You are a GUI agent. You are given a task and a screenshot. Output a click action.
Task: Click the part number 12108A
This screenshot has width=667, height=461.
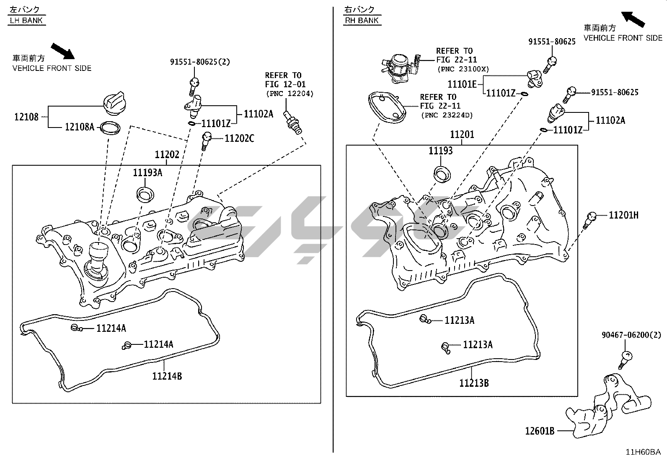[79, 126]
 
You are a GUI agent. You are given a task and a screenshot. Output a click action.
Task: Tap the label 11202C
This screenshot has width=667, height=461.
[239, 138]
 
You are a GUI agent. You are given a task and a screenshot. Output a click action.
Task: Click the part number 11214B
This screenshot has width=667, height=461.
[167, 376]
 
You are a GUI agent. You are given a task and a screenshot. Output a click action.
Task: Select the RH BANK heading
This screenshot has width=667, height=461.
[362, 20]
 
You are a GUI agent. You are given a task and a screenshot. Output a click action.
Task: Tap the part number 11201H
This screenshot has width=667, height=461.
[623, 215]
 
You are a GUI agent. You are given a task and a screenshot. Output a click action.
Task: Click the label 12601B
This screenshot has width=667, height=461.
[540, 430]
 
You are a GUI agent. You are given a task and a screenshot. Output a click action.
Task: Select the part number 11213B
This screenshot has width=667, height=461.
[474, 383]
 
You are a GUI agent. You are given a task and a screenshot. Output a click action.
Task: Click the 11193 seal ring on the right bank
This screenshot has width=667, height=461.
[441, 174]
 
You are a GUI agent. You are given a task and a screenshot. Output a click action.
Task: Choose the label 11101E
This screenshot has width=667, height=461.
[462, 84]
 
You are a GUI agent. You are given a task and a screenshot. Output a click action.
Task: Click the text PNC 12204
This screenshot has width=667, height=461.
[290, 94]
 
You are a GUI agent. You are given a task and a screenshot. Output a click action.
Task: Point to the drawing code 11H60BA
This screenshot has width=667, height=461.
[643, 452]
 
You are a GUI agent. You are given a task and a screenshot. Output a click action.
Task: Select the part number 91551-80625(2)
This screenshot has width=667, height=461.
[200, 62]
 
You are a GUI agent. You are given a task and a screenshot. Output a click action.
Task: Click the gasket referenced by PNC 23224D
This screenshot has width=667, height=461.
[388, 107]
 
